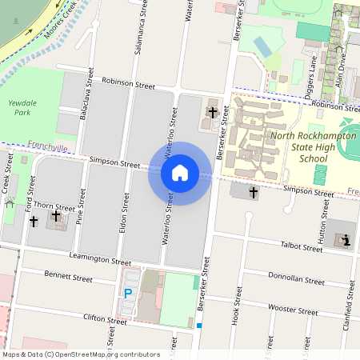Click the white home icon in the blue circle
(x=180, y=172)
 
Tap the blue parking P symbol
(x=127, y=294)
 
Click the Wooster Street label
(x=293, y=309)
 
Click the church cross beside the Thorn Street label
(x=56, y=217)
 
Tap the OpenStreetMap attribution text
(x=80, y=354)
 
